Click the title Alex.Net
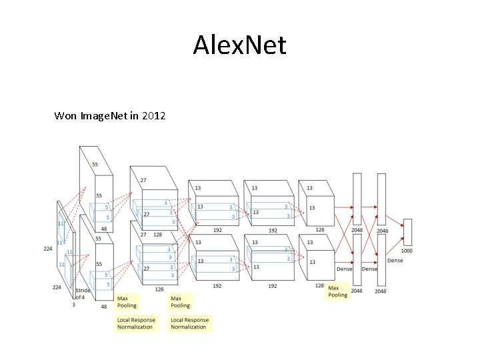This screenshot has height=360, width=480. (x=239, y=46)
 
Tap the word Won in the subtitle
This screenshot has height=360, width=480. (x=65, y=117)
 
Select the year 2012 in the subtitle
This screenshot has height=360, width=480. (x=153, y=117)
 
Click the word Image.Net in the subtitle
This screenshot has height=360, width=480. (x=103, y=117)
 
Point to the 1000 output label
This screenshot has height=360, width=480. (x=407, y=251)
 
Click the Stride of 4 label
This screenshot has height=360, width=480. (x=82, y=294)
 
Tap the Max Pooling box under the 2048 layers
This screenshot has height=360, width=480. (x=337, y=291)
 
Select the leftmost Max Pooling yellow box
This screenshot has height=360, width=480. (x=127, y=302)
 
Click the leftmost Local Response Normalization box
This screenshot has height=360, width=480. (x=136, y=323)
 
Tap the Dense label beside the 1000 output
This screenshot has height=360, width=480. (x=395, y=261)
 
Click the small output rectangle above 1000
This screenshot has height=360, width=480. (x=407, y=232)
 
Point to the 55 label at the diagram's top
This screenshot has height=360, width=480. (x=95, y=164)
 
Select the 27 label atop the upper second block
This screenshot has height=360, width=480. (x=143, y=180)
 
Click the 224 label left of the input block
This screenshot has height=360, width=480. (x=48, y=249)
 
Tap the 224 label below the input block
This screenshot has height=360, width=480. (x=57, y=287)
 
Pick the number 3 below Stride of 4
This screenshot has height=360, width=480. (x=74, y=305)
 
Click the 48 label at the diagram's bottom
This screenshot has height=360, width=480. (x=103, y=307)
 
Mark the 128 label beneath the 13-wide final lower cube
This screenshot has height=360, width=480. (x=319, y=286)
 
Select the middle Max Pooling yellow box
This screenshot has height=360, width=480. (x=180, y=302)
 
